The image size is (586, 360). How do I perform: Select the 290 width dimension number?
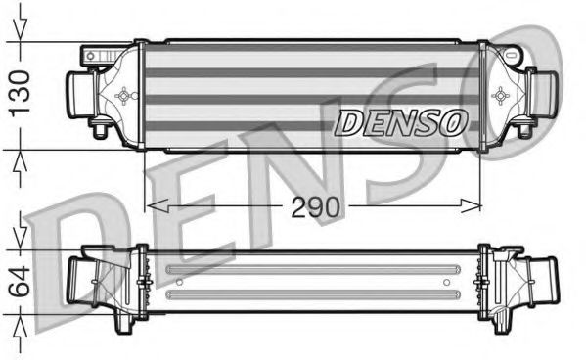(313, 207)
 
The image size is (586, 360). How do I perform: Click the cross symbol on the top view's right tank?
(502, 96)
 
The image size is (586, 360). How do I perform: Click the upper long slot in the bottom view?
(313, 269)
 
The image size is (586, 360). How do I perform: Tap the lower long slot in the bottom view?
(313, 291)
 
